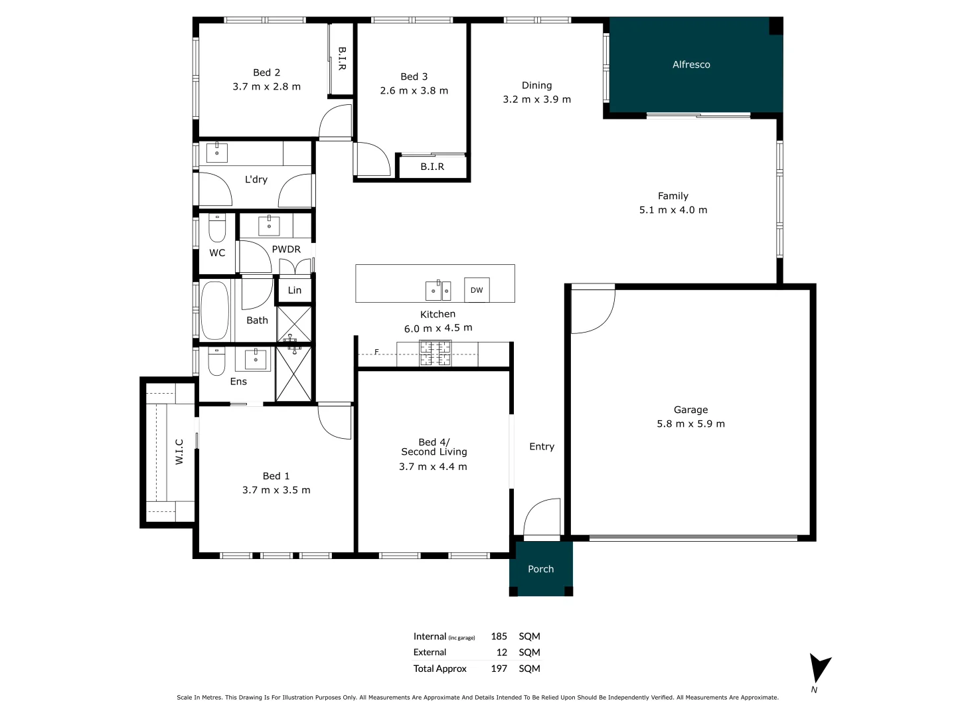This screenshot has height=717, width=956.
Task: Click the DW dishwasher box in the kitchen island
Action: click(477, 290)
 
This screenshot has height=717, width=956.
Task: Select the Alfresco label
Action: click(691, 64)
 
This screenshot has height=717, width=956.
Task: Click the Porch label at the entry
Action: click(540, 569)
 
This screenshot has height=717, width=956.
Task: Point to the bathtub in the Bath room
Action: click(214, 311)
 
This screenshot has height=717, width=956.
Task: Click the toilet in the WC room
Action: click(217, 228)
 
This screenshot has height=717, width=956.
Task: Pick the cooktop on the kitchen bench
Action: click(435, 353)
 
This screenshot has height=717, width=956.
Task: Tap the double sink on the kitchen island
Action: click(438, 290)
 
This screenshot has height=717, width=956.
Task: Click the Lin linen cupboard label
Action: click(295, 290)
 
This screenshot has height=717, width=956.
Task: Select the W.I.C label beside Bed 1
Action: click(179, 451)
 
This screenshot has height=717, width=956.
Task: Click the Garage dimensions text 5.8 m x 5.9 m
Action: click(690, 424)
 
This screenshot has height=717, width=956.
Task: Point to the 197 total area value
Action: click(499, 669)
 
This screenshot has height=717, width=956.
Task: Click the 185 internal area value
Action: click(499, 636)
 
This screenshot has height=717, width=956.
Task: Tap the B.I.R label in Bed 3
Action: click(432, 167)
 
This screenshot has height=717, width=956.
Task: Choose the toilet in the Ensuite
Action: click(217, 361)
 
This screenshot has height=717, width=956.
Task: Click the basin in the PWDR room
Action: click(269, 225)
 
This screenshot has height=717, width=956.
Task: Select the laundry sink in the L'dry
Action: click(217, 153)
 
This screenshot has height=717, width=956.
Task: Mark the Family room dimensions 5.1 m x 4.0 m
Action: click(673, 210)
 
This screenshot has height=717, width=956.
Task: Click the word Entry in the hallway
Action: click(542, 447)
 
